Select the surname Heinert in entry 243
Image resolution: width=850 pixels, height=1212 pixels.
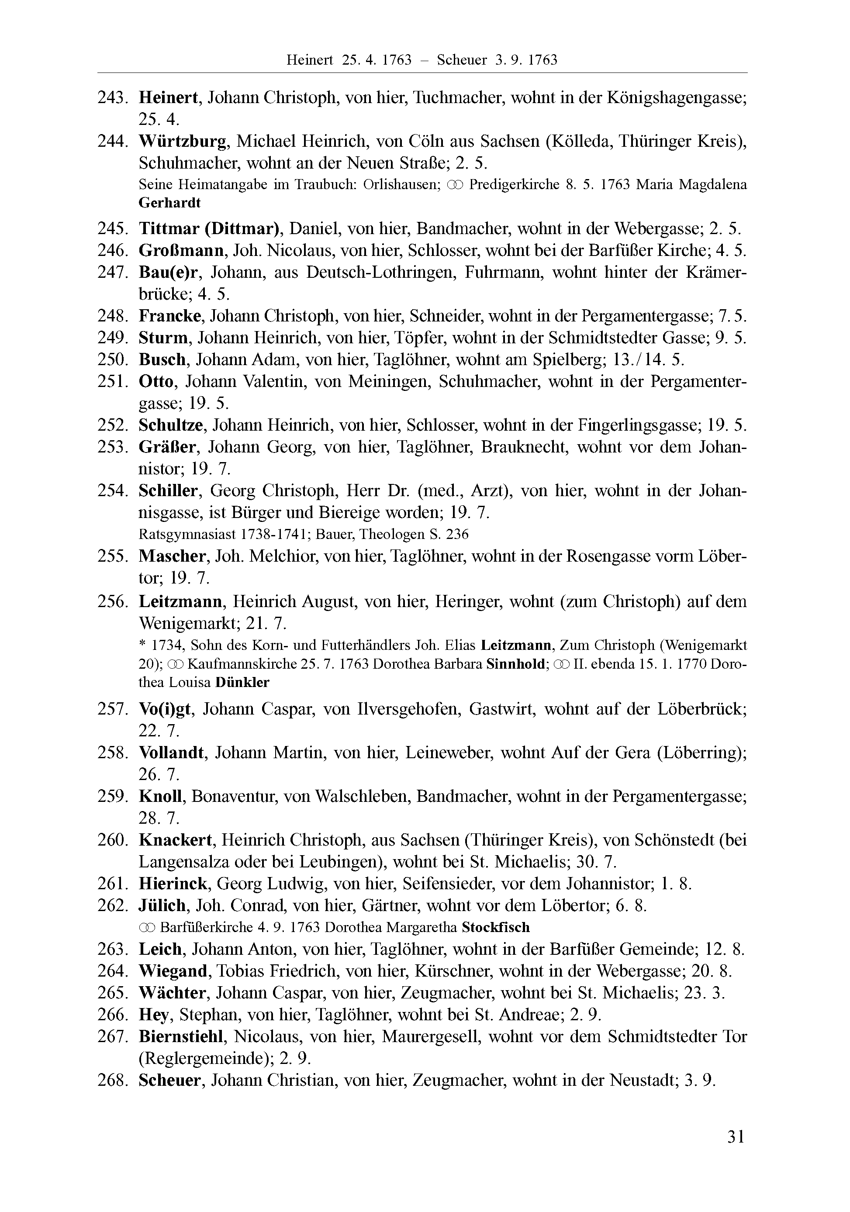point(168,98)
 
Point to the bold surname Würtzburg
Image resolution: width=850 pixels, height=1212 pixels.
point(183,142)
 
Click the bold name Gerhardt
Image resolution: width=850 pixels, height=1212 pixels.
point(169,203)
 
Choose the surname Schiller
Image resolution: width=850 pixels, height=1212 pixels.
point(168,491)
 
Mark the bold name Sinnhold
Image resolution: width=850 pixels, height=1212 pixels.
point(515,664)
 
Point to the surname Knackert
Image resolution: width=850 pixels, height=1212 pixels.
point(175,840)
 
